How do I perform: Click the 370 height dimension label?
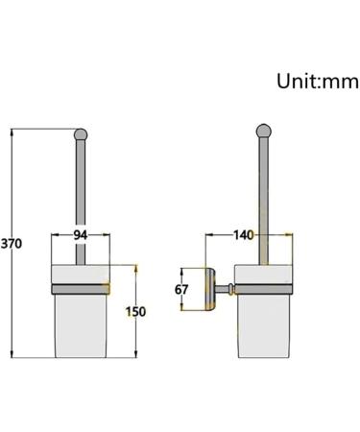12,244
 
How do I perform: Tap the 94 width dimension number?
81,235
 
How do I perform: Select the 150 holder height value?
135,311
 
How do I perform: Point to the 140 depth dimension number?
243,235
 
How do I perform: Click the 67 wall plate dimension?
181,290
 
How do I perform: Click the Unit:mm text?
318,82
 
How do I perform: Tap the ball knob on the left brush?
81,134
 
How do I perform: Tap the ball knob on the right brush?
264,131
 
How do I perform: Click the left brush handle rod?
81,203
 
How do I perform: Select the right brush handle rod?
264,201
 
